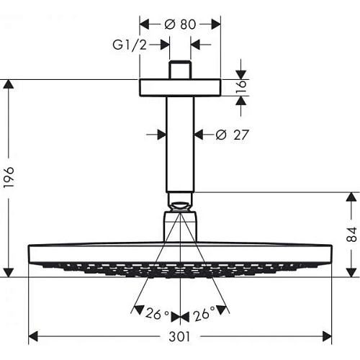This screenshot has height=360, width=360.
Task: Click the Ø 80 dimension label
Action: [179, 23]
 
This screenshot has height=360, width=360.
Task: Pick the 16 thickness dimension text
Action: [243, 87]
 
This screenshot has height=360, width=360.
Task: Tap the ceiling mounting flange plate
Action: [179, 87]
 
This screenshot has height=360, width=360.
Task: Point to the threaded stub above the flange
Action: [179, 71]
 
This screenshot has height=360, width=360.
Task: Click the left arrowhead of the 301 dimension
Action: [33, 336]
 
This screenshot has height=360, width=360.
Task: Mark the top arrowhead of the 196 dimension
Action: [8, 84]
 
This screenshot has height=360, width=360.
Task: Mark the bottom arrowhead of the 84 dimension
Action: [351, 271]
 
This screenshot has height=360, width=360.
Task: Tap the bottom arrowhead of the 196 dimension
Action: [8, 271]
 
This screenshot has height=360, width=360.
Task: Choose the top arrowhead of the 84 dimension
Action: [351, 197]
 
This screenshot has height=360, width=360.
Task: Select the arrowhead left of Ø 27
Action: [161, 134]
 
